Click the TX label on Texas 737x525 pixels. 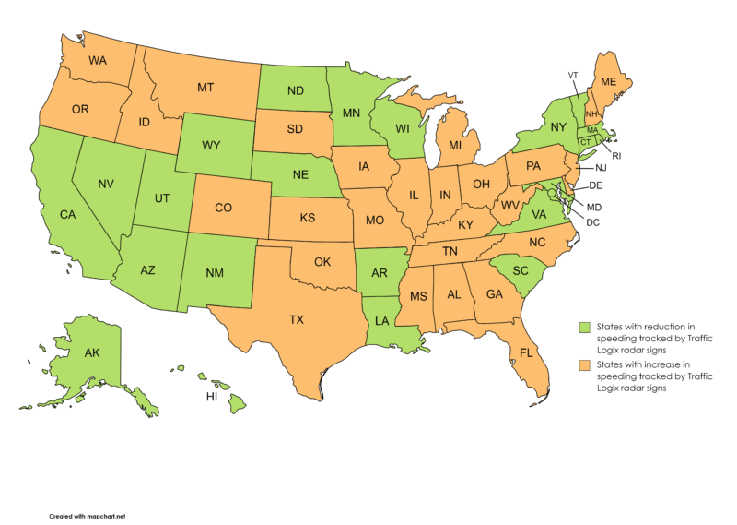pos(296,320)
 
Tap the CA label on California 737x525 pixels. pos(67,215)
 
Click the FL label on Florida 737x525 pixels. pos(527,353)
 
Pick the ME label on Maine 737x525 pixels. pos(608,81)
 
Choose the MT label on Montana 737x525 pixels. pos(206,88)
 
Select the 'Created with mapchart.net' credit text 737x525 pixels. pos(87,516)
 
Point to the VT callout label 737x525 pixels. pos(573,74)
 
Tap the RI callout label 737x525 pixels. pos(615,156)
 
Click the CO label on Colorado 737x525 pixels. pos(223,208)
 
